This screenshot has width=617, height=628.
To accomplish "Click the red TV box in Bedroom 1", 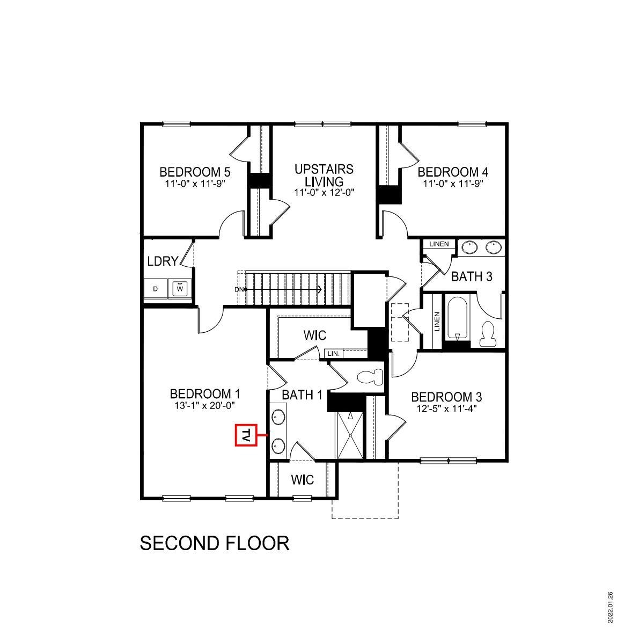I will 246,435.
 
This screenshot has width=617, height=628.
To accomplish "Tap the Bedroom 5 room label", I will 195,172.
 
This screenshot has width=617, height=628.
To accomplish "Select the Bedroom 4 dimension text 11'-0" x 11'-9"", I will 453,184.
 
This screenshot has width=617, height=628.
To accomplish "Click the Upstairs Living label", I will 324,175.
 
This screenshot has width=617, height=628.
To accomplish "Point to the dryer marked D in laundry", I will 156,289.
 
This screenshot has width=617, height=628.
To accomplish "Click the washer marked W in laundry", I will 180,289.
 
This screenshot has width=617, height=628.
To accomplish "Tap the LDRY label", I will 163,261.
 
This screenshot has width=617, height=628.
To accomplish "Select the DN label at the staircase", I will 239,290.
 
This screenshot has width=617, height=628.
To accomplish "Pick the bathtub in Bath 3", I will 458,318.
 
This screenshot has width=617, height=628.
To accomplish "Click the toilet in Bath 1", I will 370,377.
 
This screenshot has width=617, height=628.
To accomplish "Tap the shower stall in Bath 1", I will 350,435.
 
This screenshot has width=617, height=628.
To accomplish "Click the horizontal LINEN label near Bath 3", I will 439,244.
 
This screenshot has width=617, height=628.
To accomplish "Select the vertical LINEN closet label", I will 437,322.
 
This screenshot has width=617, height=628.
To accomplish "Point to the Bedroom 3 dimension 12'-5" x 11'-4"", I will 446,408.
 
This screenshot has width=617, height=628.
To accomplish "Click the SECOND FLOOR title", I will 215,543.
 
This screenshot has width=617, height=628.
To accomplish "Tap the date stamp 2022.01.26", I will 610,607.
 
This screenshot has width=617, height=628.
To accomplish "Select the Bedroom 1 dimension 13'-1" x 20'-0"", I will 205,406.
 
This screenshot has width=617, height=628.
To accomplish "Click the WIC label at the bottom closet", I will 303,479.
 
